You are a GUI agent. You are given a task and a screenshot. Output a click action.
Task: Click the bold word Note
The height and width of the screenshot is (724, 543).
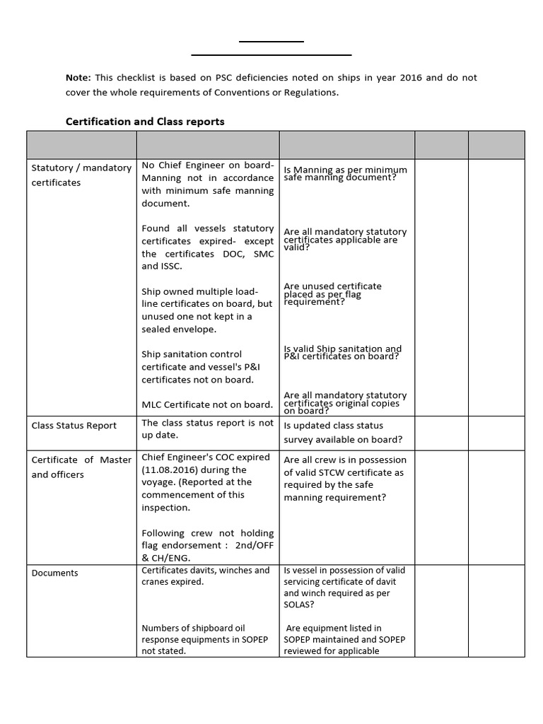click(x=78, y=78)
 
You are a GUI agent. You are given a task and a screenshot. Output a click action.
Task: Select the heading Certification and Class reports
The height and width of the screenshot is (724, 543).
click(x=145, y=122)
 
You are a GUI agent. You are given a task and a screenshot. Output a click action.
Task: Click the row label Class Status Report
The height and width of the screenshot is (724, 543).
click(x=74, y=426)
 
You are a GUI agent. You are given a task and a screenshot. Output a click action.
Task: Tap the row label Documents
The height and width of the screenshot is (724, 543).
click(x=55, y=573)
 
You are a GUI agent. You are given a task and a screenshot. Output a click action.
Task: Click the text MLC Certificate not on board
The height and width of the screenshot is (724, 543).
click(x=207, y=404)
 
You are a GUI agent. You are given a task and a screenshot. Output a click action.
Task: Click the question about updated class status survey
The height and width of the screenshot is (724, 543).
click(x=343, y=433)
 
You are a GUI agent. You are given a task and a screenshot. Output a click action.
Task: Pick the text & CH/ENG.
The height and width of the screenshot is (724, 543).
click(x=167, y=558)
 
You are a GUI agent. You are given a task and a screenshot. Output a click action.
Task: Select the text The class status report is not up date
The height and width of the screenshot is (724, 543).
click(x=207, y=429)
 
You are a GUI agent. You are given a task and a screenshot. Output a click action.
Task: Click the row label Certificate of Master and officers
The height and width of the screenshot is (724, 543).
click(x=81, y=467)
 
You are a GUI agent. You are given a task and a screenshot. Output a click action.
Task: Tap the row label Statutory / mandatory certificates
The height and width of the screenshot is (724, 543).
click(x=81, y=175)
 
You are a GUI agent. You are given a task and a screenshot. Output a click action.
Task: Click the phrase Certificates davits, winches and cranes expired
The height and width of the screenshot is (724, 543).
click(x=206, y=576)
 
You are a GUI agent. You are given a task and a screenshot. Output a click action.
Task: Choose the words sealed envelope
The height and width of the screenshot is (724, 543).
click(x=179, y=329)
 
